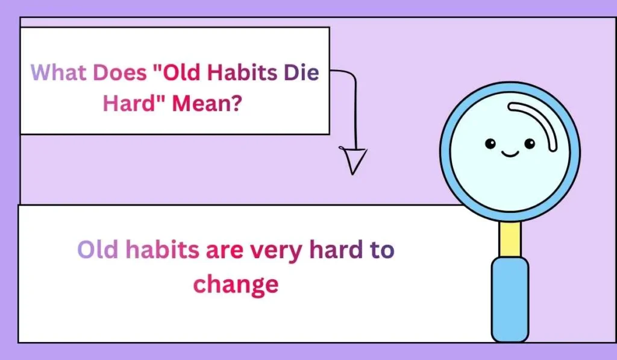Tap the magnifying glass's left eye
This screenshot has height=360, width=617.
(x=491, y=144)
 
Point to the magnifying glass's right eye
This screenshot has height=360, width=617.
(x=530, y=144)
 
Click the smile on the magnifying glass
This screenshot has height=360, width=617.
(x=510, y=154)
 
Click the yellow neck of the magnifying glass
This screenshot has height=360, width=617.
(x=510, y=238)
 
